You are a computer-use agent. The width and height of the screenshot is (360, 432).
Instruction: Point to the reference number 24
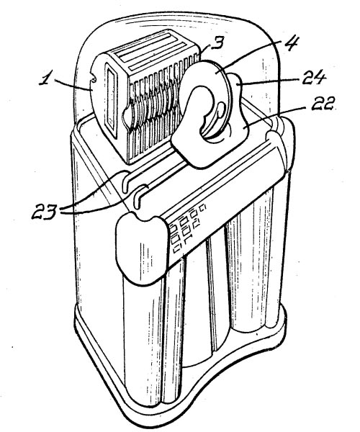click(314, 78)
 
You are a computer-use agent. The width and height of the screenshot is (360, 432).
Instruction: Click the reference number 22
click(323, 104)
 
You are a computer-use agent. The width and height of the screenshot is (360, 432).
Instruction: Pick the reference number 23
click(45, 211)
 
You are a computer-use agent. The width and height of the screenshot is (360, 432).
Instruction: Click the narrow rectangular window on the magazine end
click(112, 100)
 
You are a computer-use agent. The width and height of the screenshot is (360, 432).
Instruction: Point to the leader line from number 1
click(73, 85)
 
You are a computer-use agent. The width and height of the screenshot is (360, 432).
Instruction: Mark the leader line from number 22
click(276, 117)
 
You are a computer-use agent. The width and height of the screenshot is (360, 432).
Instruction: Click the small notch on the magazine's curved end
click(93, 79)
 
